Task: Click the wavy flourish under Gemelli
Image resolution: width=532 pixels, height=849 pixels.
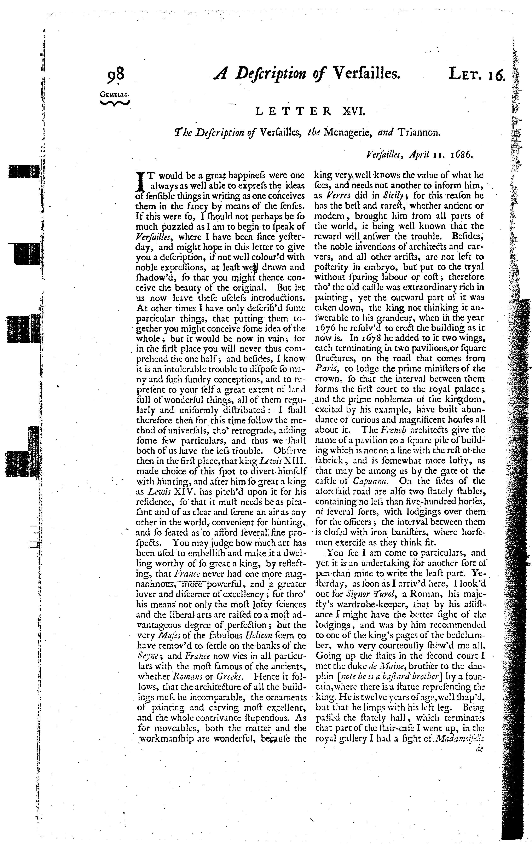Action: [115, 103]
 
